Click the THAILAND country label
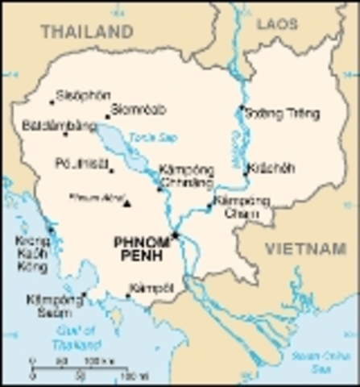(x=87, y=31)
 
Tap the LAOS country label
(x=277, y=24)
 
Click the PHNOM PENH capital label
(x=141, y=248)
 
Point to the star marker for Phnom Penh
(x=175, y=235)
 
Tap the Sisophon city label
(x=83, y=95)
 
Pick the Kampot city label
(x=151, y=287)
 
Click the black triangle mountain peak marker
(x=126, y=202)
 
